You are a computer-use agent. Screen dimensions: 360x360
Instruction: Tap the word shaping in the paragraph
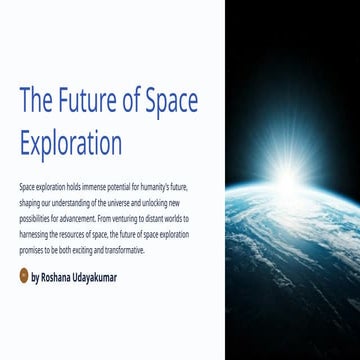(29, 203)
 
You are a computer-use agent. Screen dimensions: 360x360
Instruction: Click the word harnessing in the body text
(33, 234)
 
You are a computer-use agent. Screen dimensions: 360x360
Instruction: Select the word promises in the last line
(32, 249)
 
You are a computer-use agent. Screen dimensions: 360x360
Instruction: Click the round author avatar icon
(24, 276)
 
